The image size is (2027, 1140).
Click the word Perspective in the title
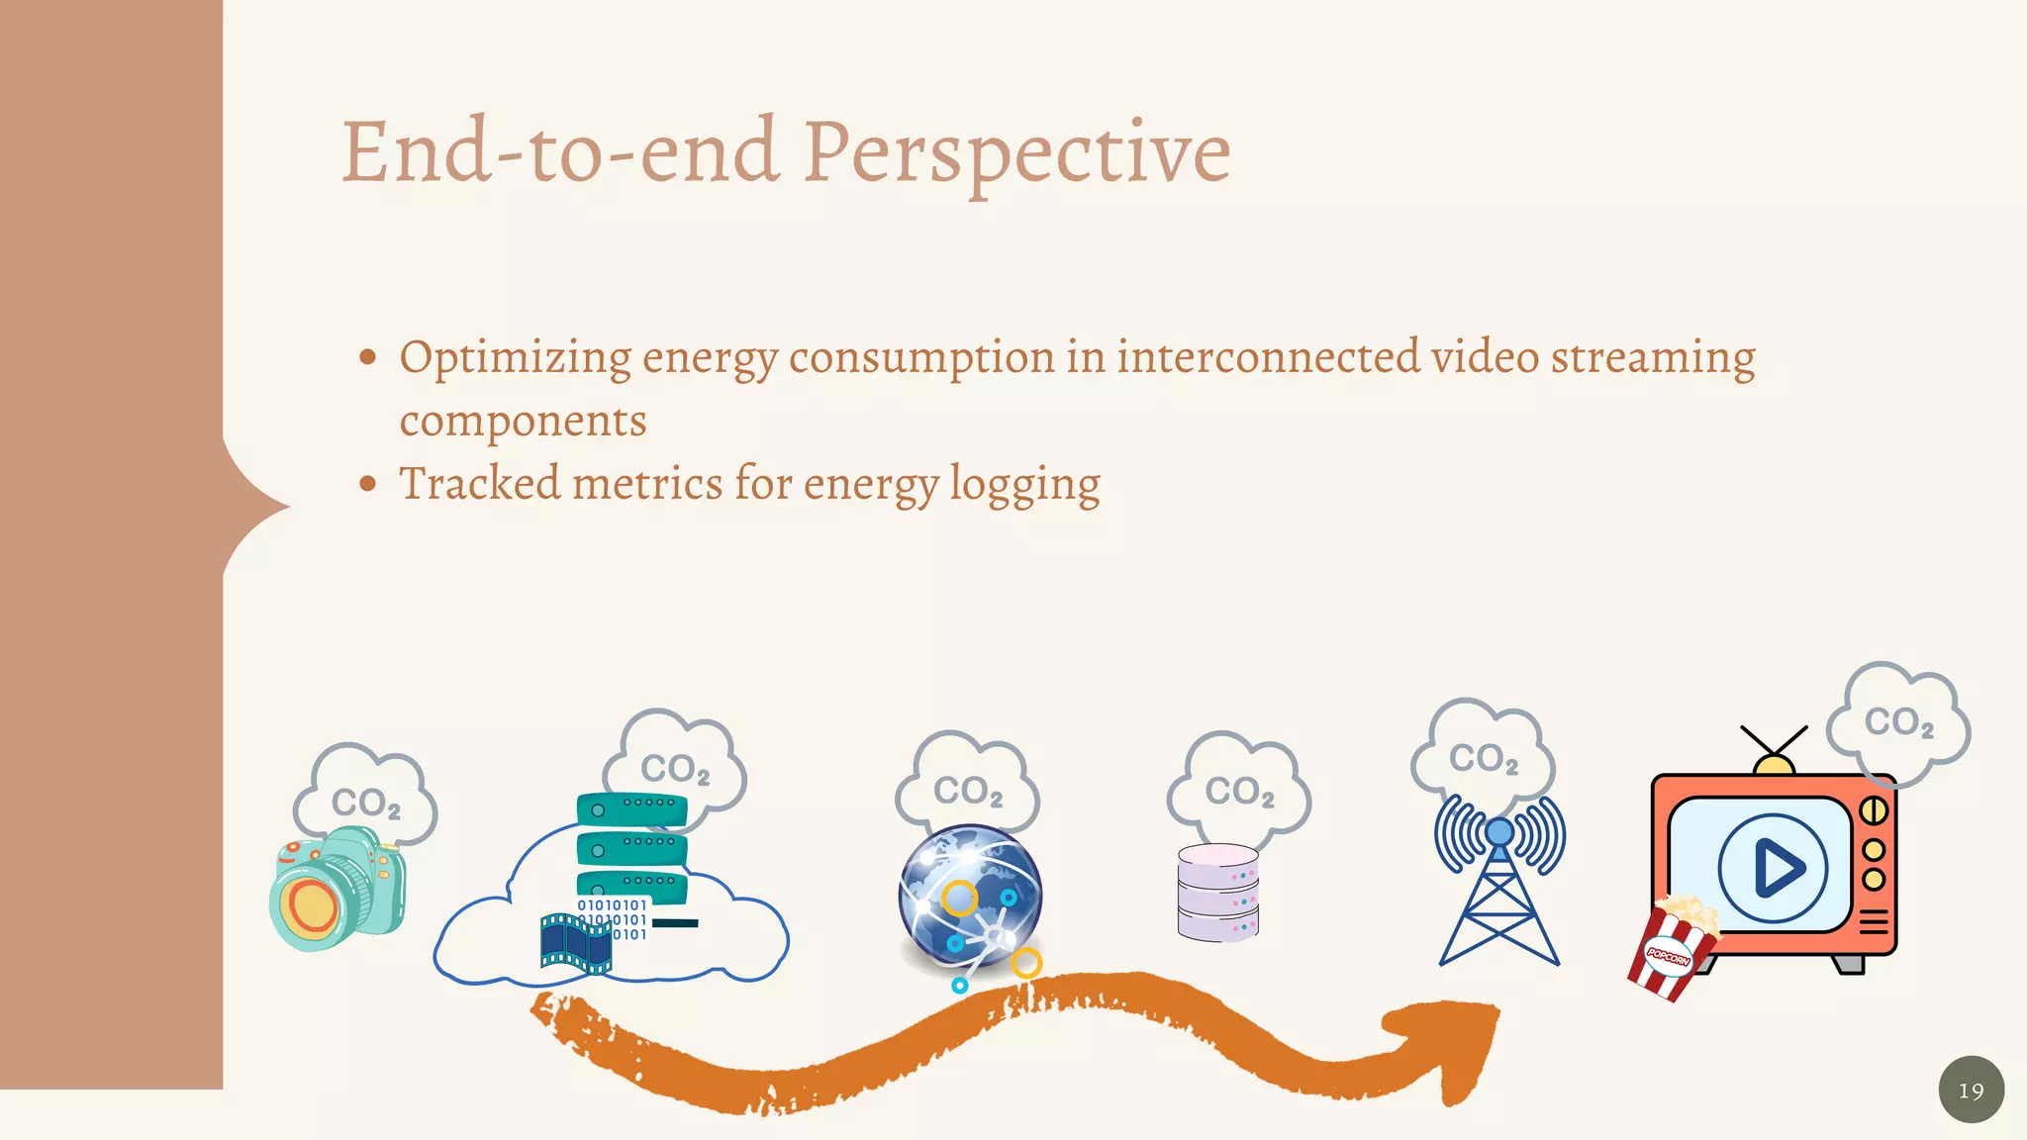coord(1016,153)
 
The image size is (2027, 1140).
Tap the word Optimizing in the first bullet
coord(515,358)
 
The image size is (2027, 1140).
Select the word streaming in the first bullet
coord(1652,358)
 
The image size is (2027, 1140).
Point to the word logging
coord(1024,485)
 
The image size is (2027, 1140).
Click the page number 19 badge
coord(1971,1090)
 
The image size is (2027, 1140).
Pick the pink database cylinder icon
coord(1217,893)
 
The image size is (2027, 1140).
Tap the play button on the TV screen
coord(1774,868)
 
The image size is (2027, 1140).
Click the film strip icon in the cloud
coord(575,942)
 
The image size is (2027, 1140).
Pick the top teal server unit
coord(631,809)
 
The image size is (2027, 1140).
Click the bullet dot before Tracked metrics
coord(368,484)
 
